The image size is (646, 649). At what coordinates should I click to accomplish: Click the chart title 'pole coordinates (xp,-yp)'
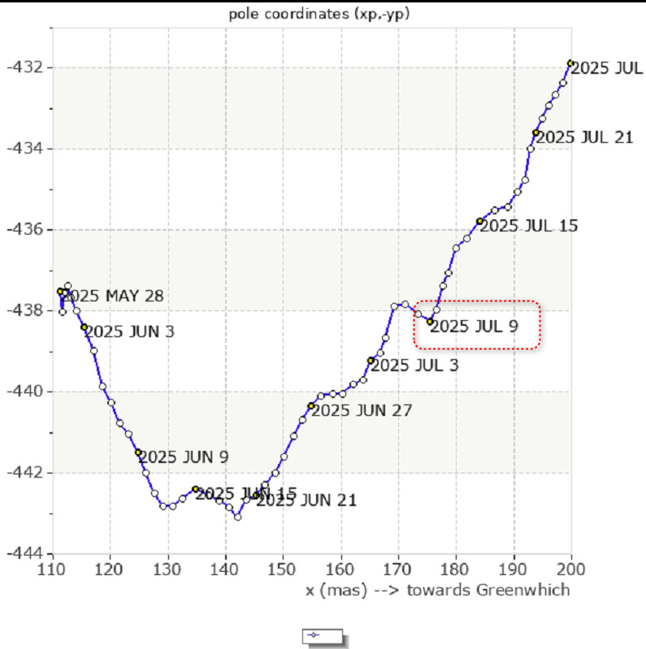click(323, 14)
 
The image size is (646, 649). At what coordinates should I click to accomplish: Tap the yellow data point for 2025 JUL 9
click(430, 321)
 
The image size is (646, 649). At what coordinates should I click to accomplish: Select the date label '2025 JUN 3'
click(129, 331)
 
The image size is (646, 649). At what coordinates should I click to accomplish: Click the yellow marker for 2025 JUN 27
click(310, 405)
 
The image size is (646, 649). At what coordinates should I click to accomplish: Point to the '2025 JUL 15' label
click(528, 226)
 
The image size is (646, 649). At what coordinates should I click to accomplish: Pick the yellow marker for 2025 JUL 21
click(535, 132)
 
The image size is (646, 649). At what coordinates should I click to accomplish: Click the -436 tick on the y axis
click(27, 229)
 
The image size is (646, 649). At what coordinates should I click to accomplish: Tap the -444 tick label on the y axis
click(27, 553)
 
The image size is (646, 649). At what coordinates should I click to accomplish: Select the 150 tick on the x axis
click(283, 570)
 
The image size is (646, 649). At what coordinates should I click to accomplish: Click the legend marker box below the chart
click(323, 635)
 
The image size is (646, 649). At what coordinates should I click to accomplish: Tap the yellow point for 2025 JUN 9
click(138, 452)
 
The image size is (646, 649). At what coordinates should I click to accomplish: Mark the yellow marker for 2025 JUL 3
click(371, 360)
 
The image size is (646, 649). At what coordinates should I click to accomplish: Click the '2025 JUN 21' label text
click(306, 500)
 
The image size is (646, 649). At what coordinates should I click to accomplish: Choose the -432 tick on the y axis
click(27, 67)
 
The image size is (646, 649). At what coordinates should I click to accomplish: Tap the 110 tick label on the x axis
click(52, 570)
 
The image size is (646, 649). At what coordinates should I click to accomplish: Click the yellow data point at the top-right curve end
click(570, 63)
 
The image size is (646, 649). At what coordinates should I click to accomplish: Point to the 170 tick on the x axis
click(398, 570)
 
